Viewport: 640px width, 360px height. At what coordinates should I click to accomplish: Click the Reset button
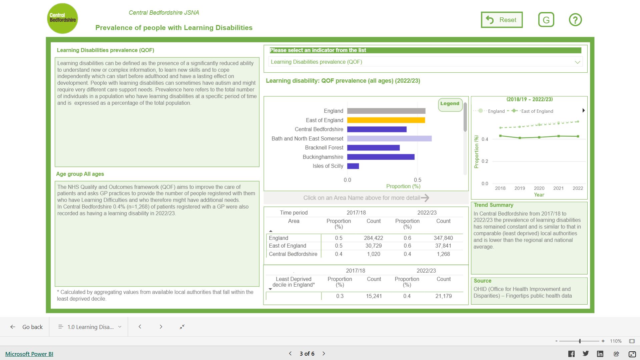502,20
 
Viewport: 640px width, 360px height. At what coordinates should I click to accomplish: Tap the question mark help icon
575,20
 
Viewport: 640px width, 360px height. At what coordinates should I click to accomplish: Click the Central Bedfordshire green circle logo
63,19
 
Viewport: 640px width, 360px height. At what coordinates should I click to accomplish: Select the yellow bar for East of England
386,120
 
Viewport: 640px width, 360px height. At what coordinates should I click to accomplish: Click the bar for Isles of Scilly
353,166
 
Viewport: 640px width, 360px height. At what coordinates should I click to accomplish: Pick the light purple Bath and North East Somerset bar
389,138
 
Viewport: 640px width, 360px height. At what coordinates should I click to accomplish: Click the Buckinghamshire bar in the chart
381,157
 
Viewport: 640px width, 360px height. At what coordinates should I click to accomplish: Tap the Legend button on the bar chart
450,104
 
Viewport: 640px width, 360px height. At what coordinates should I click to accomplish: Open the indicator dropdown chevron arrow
578,62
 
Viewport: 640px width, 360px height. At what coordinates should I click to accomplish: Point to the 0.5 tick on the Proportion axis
418,180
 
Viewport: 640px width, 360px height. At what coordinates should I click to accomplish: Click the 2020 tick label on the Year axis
539,188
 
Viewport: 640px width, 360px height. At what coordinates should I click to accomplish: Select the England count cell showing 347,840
443,238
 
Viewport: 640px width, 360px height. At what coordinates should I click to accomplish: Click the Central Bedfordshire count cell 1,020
374,254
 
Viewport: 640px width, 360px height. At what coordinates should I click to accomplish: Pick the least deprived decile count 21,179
444,296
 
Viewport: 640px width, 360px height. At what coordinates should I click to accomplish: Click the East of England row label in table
287,246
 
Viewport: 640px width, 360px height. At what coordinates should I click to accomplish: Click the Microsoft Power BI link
29,354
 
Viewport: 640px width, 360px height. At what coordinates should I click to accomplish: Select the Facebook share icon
571,354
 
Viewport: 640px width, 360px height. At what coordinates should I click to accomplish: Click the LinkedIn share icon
600,354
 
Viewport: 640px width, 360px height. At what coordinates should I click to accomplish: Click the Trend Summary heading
494,205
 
